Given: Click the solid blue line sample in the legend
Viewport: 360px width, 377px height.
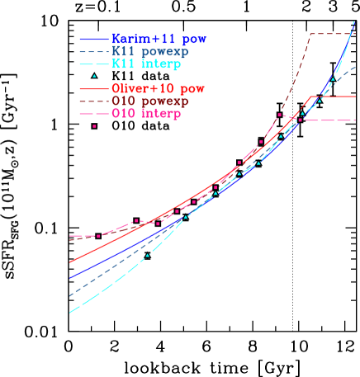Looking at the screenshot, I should coord(94,39).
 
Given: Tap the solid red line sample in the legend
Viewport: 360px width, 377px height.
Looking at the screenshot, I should coord(94,88).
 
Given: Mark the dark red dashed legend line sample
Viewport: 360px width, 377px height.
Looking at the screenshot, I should coord(94,101).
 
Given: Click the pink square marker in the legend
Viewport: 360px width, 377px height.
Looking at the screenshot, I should coord(94,125).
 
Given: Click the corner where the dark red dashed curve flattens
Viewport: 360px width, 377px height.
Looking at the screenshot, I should coord(309,34).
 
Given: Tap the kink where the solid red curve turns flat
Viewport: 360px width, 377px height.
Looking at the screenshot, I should coord(310,97).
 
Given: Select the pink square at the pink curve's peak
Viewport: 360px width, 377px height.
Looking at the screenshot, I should coord(280,115).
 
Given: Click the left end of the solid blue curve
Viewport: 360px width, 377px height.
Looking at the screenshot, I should coord(69,278).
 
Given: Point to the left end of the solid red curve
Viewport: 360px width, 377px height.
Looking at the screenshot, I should coord(69,262).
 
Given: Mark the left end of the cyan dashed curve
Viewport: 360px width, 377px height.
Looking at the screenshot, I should coord(69,313).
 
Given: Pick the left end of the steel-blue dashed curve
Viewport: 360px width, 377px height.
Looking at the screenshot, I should coord(69,295).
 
